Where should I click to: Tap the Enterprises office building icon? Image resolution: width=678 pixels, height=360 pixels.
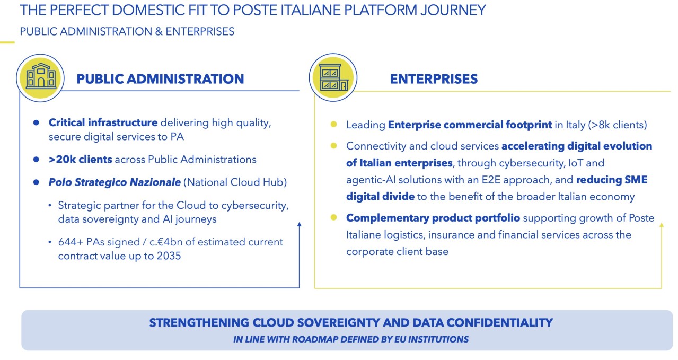click(333, 77)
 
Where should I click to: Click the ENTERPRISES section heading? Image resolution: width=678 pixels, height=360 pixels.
click(434, 79)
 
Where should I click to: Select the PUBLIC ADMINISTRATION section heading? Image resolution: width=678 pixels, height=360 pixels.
click(160, 79)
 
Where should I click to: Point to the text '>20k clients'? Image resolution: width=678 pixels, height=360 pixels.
click(80, 159)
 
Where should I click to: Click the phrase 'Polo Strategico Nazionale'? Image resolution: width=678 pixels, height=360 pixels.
click(115, 182)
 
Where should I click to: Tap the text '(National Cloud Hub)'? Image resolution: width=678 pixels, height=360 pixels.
click(235, 182)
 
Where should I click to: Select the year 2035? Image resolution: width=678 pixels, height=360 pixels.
click(169, 256)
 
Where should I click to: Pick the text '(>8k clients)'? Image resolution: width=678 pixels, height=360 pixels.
click(618, 125)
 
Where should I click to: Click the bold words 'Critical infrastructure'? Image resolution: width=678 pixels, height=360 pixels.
click(103, 122)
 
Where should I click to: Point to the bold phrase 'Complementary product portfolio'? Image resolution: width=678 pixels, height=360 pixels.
click(433, 218)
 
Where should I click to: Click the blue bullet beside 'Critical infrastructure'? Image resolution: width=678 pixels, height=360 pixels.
click(37, 122)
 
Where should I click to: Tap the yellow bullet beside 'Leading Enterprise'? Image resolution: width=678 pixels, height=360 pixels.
click(333, 124)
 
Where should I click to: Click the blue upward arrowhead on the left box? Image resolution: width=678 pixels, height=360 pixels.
click(300, 224)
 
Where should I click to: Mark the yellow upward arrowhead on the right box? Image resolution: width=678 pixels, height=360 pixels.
click(662, 225)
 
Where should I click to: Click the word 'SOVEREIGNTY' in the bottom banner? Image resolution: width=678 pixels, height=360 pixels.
click(338, 323)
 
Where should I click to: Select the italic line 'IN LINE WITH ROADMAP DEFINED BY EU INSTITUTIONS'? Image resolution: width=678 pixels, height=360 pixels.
click(351, 339)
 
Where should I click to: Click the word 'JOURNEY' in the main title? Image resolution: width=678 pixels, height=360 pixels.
click(453, 10)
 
